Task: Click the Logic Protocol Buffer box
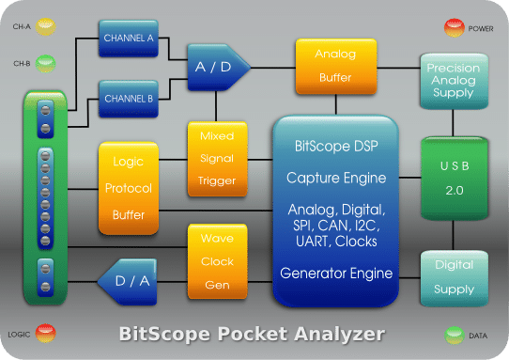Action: pos(128,188)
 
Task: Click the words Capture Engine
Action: pos(335,176)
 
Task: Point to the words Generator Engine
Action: pos(335,274)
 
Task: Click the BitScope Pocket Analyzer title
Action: pos(254,333)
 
